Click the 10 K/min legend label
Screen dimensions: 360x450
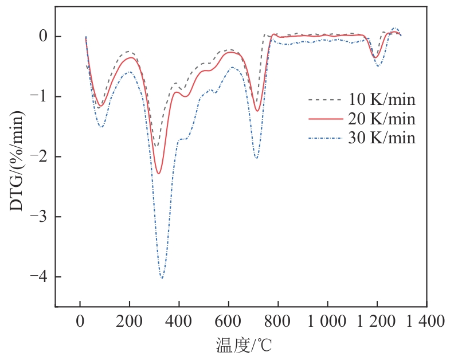coord(382,100)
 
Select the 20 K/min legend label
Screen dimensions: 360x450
coord(382,119)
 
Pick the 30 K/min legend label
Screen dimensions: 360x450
coord(382,138)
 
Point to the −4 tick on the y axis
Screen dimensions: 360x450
coord(40,277)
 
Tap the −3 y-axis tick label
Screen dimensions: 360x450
coord(40,217)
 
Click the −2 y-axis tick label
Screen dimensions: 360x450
coord(40,157)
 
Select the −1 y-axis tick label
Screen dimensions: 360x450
coord(40,97)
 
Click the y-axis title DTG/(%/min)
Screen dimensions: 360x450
coord(17,162)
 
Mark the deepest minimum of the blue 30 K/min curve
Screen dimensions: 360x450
coord(162,279)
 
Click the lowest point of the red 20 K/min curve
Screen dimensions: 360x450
coord(159,173)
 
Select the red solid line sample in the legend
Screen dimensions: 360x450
coord(324,119)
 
